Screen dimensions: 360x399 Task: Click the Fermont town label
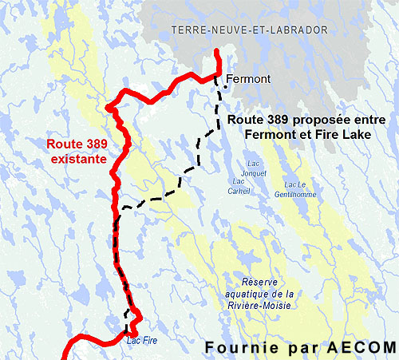point(248,79)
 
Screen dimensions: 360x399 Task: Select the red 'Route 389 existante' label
point(77,152)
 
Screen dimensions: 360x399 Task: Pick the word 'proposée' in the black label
point(302,120)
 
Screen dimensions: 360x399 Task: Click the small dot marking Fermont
point(225,88)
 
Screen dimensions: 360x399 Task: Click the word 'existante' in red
point(76,159)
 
